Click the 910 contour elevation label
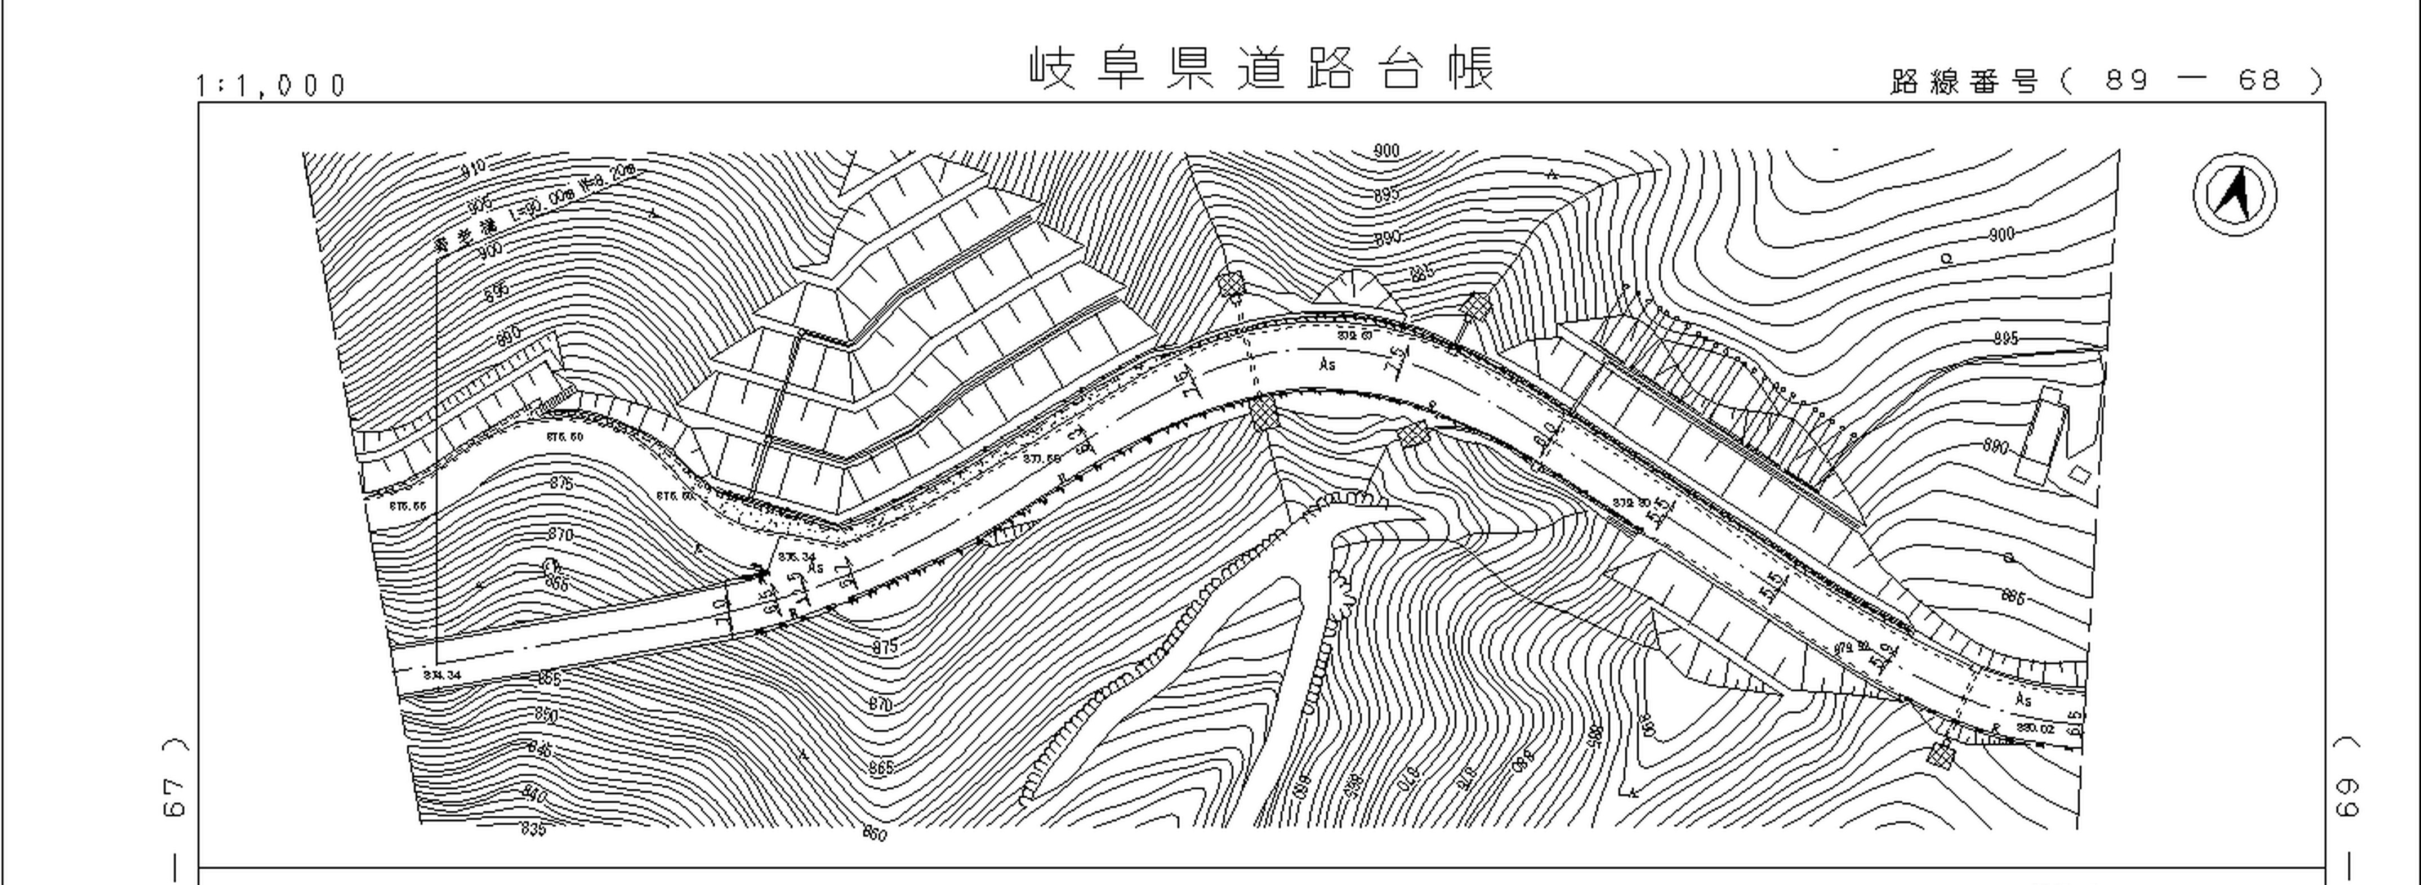(x=475, y=169)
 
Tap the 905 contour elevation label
(x=479, y=205)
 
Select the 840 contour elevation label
(x=533, y=795)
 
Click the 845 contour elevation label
(x=540, y=750)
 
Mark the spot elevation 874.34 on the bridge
(x=442, y=674)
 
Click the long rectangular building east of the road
(x=2048, y=435)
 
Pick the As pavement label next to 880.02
(x=2023, y=700)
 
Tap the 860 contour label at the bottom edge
(x=874, y=833)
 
